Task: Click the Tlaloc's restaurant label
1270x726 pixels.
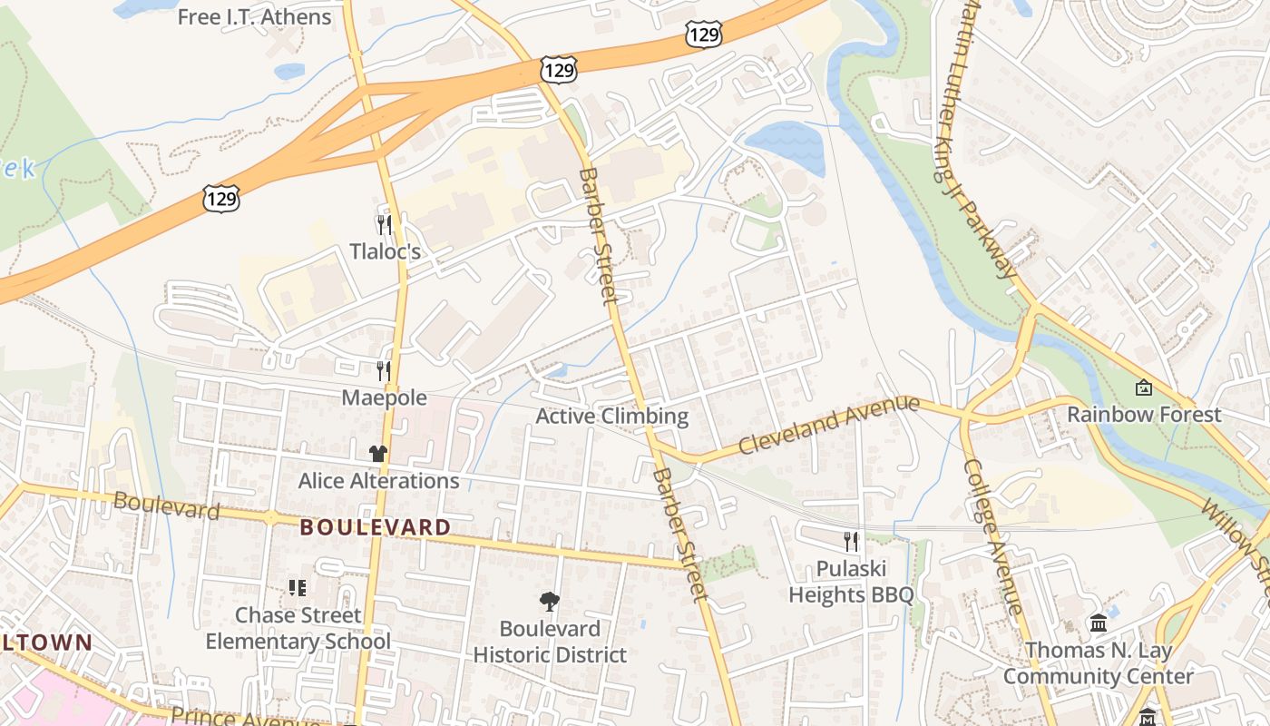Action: [x=386, y=251]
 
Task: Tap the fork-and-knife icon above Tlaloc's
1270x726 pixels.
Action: [x=385, y=224]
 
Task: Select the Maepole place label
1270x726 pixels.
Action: [x=384, y=397]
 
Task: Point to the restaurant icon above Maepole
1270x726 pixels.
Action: [x=385, y=370]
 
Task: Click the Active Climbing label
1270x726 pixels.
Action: [x=612, y=417]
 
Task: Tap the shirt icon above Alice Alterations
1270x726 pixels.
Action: [x=378, y=453]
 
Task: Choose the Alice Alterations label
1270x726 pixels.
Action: [x=379, y=480]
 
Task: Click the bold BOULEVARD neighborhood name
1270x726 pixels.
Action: [x=376, y=527]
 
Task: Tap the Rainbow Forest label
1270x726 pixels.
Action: [x=1144, y=415]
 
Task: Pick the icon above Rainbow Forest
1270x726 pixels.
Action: [x=1144, y=388]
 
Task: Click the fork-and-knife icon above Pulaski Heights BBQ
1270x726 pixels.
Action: [x=851, y=542]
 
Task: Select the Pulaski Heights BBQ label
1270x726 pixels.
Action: [x=851, y=582]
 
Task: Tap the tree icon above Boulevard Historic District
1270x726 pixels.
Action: [x=550, y=601]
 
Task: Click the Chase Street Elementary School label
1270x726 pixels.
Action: [x=298, y=628]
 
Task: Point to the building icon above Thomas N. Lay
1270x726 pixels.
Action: [x=1099, y=623]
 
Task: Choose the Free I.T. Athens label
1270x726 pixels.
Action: [x=255, y=17]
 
